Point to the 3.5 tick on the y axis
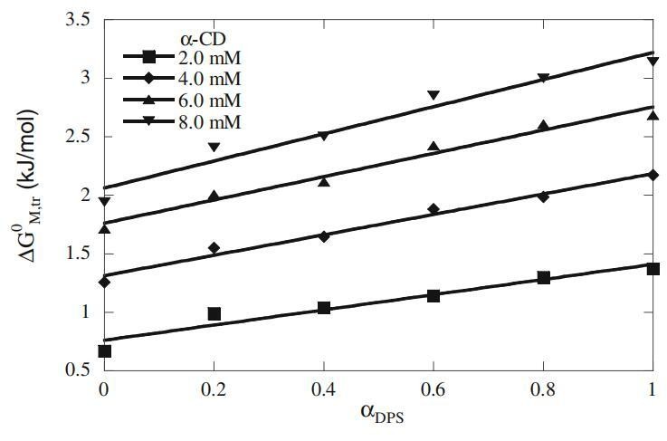tap(78, 19)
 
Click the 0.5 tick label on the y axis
tap(78, 370)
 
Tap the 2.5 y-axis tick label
tap(78, 137)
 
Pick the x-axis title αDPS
tap(377, 420)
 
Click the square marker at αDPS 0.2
tap(214, 314)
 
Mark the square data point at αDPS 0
tap(104, 351)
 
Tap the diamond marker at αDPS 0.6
tap(434, 209)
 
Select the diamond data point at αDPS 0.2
tap(214, 247)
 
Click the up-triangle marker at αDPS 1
tap(653, 115)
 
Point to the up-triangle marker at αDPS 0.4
tap(324, 181)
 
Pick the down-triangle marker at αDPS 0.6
tap(434, 95)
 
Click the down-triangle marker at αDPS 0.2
tap(214, 147)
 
